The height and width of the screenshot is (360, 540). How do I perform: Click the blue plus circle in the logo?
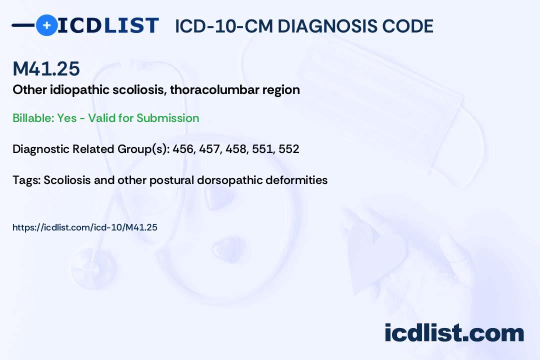click(x=47, y=25)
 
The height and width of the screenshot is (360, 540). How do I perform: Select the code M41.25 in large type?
click(x=46, y=68)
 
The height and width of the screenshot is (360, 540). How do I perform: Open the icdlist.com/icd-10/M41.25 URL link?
click(x=85, y=227)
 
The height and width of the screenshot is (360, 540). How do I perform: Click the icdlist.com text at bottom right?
click(x=454, y=333)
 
